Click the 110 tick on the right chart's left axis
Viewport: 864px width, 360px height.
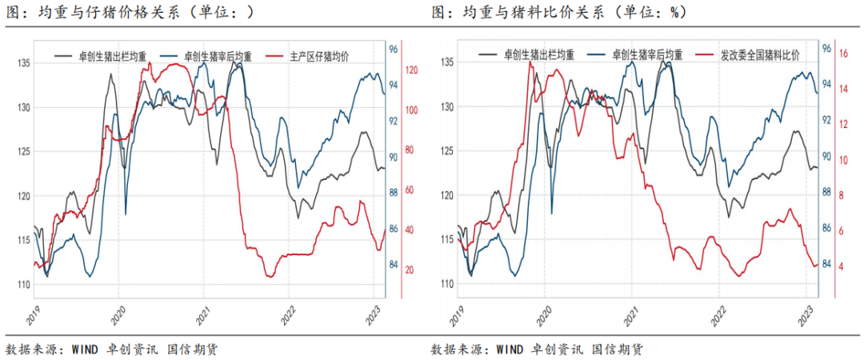point(446,284)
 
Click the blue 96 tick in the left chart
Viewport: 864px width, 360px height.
point(394,49)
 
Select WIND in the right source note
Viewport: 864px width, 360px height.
point(510,349)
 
